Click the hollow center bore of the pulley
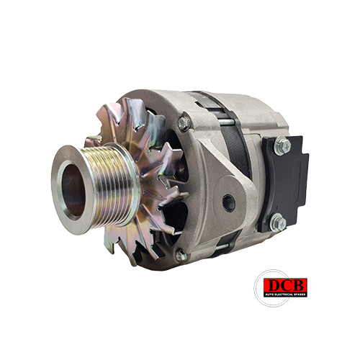tap(73, 189)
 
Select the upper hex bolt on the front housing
tap(184, 123)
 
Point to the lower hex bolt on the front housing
tap(181, 255)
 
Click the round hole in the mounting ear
tap(228, 203)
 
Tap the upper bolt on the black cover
tap(282, 145)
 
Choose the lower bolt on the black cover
tap(278, 222)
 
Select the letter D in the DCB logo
tap(273, 285)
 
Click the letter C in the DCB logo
tap(286, 285)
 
